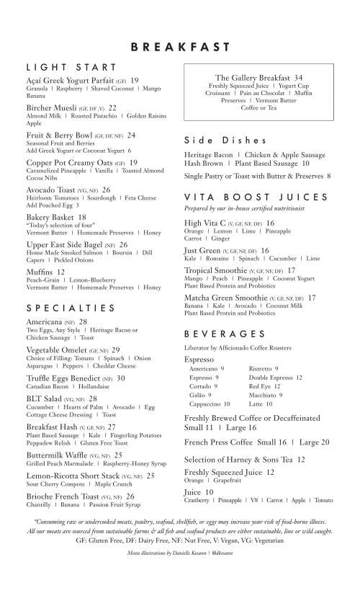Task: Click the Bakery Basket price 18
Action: [82, 217]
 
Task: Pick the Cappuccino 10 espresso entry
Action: [205, 404]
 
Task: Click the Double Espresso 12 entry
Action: [275, 377]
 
